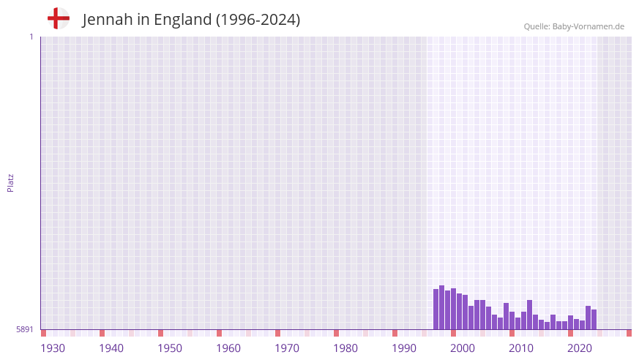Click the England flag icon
[59, 19]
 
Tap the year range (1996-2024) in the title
[258, 20]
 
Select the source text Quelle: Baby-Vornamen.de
[574, 26]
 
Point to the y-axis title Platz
[10, 183]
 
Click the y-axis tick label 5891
[25, 330]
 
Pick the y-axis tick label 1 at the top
[31, 37]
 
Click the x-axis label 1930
[53, 348]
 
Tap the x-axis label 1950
[170, 348]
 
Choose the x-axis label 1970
[287, 348]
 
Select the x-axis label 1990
[404, 348]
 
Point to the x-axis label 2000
[463, 348]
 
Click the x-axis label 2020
[580, 348]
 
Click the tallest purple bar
[441, 307]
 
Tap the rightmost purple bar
[594, 320]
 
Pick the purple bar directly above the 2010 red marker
[512, 320]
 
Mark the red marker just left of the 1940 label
[102, 333]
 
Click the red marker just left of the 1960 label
[219, 333]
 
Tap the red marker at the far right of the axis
[629, 333]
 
